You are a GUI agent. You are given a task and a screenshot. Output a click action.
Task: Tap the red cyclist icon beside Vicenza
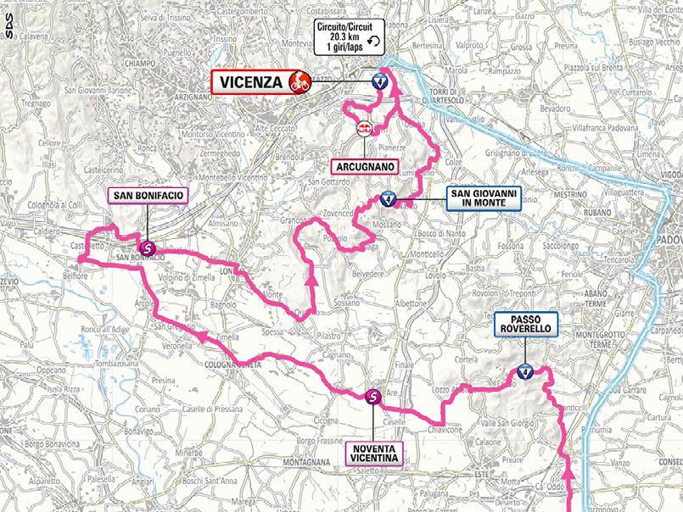(x=298, y=82)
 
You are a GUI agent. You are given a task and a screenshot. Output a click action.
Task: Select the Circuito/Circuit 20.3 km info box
(x=350, y=38)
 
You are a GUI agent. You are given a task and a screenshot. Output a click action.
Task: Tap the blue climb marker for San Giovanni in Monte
(x=389, y=200)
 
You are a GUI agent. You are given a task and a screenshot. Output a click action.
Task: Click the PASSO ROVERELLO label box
(x=525, y=322)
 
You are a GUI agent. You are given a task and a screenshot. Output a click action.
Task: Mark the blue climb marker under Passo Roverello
(x=525, y=371)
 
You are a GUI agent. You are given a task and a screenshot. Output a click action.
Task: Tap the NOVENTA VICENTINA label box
(x=373, y=454)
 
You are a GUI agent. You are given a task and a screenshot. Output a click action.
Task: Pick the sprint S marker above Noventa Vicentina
(x=373, y=396)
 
